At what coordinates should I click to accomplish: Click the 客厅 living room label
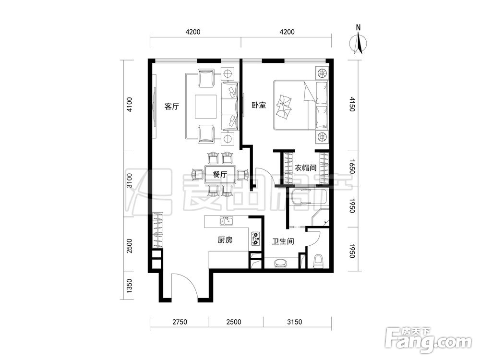pos(171,107)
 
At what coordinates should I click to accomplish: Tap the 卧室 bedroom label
pos(259,105)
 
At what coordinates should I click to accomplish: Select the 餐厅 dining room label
pos(220,175)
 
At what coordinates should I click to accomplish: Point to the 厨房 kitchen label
pos(225,240)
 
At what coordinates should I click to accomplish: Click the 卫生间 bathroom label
pos(283,241)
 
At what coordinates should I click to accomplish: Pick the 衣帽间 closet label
pos(305,168)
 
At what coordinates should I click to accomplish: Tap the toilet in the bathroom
pos(319,262)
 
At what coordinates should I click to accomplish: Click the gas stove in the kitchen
pos(256,239)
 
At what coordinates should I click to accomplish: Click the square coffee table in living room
pos(205,106)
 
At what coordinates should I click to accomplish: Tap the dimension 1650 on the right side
pos(352,167)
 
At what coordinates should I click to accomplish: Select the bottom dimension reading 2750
pos(180,322)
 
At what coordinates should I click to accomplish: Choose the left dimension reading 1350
pos(130,286)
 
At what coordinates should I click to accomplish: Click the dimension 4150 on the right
pos(352,104)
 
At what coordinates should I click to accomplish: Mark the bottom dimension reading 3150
pos(295,322)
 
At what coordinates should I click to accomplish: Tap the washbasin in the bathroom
pos(281,263)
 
